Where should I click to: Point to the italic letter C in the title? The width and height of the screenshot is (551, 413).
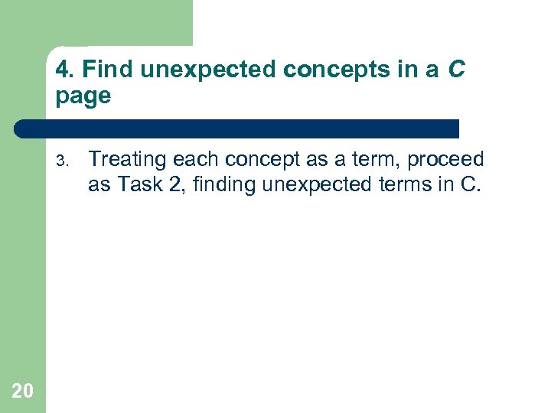tap(455, 70)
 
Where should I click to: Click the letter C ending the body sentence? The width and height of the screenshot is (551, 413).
tap(468, 185)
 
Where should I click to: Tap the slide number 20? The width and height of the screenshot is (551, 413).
tap(22, 392)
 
